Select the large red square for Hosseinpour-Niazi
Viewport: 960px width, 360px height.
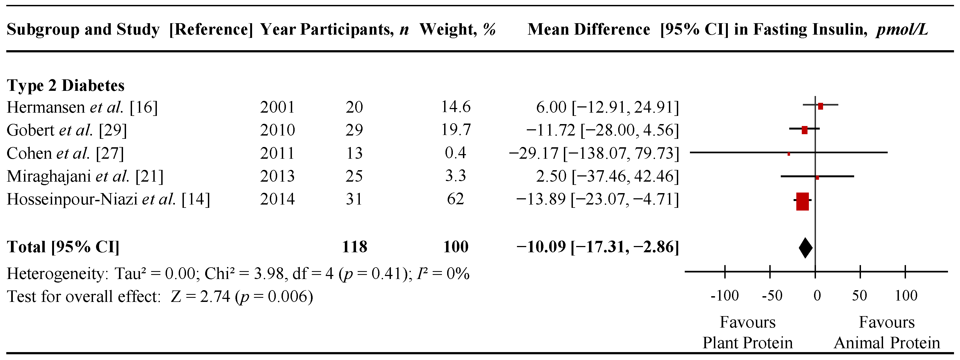(x=802, y=202)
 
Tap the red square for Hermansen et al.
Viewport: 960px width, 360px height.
(x=820, y=106)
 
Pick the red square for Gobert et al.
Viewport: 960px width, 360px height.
(x=804, y=130)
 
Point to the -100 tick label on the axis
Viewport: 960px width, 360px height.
(x=724, y=296)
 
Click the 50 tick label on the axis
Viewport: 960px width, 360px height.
(x=859, y=296)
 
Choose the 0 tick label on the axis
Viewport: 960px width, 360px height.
(x=817, y=296)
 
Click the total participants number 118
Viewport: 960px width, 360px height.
(x=354, y=247)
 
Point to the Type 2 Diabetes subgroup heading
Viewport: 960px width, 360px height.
(x=65, y=86)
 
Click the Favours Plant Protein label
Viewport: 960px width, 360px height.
(x=747, y=332)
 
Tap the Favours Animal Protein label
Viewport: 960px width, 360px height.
(x=887, y=332)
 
